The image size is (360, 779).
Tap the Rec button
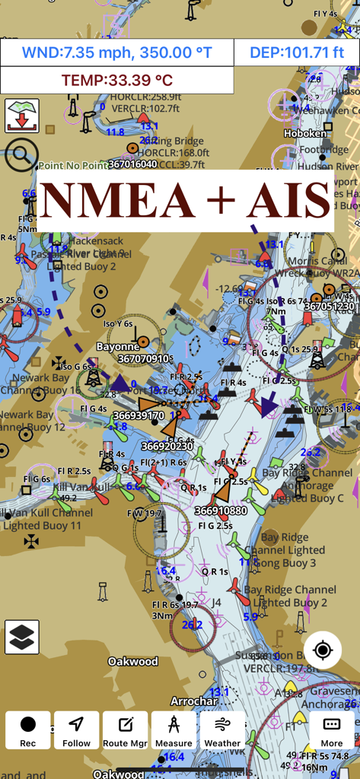tap(28, 730)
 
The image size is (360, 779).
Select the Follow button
tap(77, 730)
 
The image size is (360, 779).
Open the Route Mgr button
tap(126, 730)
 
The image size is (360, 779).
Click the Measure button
tap(174, 730)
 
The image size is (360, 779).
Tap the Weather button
tap(222, 730)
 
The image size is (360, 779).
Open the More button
tap(332, 730)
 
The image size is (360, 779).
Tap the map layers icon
tap(22, 637)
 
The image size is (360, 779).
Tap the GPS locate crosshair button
tap(323, 650)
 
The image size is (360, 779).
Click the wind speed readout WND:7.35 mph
tap(116, 53)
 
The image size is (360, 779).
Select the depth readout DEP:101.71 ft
tap(295, 53)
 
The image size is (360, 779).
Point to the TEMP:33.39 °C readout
tap(116, 80)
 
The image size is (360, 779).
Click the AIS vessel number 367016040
tap(132, 164)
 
